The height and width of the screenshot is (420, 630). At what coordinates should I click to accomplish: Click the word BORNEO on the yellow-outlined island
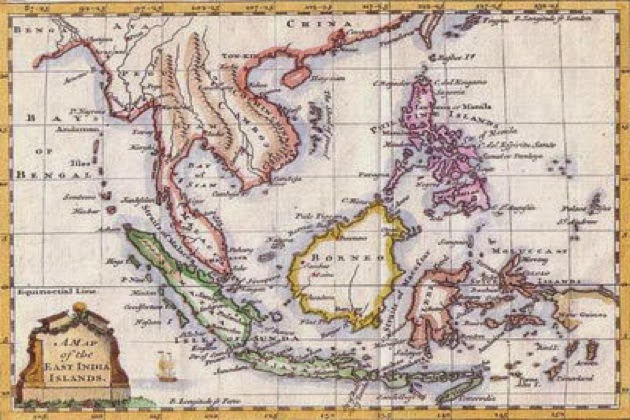click(339, 258)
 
